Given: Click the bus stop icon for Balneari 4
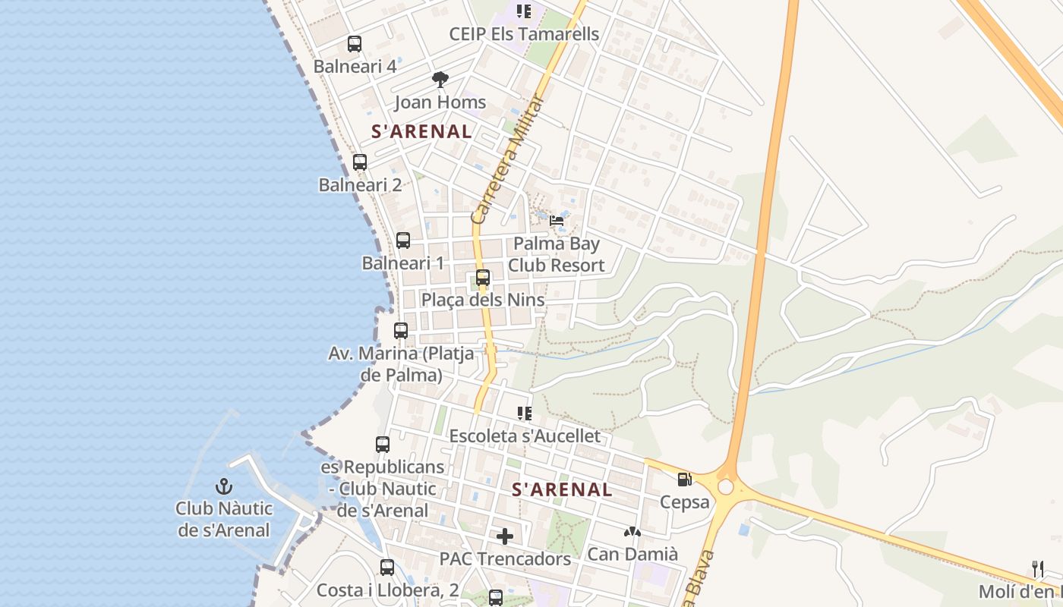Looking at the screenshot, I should coord(355,44).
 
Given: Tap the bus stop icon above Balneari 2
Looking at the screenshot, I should coord(360,162).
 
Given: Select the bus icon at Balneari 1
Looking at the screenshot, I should coord(403,241).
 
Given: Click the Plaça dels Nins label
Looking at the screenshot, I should coord(483,300).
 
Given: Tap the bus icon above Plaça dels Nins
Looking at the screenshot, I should coord(483,278).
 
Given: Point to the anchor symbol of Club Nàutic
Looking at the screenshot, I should coord(223,486).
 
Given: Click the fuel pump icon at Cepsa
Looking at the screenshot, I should coord(684,480).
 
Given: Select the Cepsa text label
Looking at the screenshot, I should coord(684,502).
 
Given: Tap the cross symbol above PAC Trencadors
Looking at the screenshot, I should coord(505,536).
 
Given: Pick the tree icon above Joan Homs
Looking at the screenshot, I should coord(440,79).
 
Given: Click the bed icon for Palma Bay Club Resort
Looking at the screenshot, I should coord(557,221).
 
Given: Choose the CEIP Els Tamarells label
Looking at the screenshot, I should coord(524,34).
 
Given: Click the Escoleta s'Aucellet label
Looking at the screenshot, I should coord(525,436).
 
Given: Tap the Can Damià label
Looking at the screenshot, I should coord(632,554).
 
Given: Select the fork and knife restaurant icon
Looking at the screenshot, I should coord(1038,568).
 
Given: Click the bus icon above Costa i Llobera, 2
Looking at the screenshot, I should coord(387,567).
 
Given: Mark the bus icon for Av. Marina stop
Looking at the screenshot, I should coord(401,331).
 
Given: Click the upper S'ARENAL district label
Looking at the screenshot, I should coord(421,131).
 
